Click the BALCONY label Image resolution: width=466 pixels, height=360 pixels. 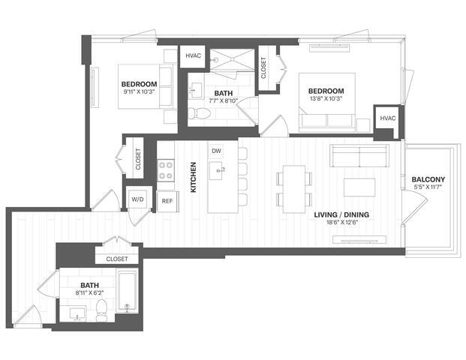428,178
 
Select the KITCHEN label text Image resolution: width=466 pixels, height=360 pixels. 193,178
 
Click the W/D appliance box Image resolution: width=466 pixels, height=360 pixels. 137,199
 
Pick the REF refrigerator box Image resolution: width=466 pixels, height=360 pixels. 167,200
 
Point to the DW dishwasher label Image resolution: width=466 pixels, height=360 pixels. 216,151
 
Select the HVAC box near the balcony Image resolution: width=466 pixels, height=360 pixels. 386,118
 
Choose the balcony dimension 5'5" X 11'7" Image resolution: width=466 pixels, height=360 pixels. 428,187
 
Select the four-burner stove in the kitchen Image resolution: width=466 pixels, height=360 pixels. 166,171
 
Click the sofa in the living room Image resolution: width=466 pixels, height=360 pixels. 360,157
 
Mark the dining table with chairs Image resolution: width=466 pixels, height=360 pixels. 292,186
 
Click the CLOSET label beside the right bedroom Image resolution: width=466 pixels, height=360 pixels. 263,69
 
